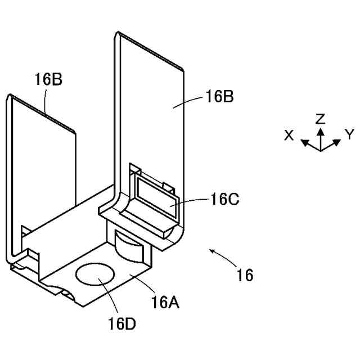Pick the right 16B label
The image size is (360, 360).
219,96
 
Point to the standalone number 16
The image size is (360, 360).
245,276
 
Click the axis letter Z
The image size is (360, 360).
320,118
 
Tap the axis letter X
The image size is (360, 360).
289,135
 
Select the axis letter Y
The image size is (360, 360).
349,134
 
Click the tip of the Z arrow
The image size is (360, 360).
320,129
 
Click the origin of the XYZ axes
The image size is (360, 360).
321,151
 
